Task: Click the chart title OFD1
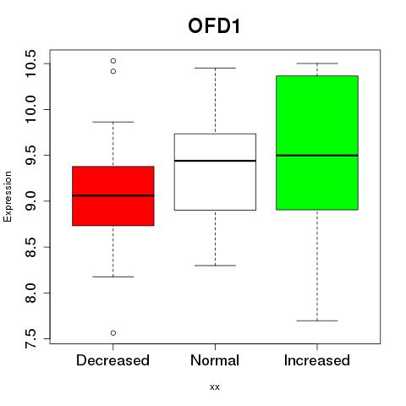point(214,26)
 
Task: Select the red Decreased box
point(113,196)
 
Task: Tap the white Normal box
point(215,172)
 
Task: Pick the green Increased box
point(317,143)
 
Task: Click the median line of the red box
point(113,195)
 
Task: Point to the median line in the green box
point(317,156)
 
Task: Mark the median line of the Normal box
point(215,161)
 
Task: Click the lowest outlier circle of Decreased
point(113,333)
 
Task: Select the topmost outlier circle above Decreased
point(113,61)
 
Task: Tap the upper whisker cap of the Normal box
point(215,68)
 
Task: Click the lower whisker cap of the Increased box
point(317,321)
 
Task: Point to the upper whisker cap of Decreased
point(113,122)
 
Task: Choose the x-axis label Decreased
point(112,360)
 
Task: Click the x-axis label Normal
point(215,360)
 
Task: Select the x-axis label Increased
point(317,360)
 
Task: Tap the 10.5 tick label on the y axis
point(30,63)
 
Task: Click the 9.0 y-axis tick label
point(30,201)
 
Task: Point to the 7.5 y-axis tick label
point(30,338)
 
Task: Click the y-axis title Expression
point(8,196)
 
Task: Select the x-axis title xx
point(215,387)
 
